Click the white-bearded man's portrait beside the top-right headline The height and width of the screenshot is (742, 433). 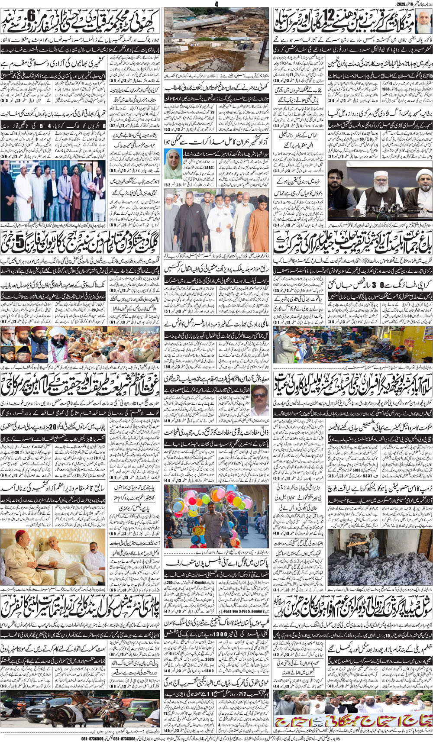click(424, 21)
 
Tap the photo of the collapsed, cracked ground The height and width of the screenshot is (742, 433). click(216, 39)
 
